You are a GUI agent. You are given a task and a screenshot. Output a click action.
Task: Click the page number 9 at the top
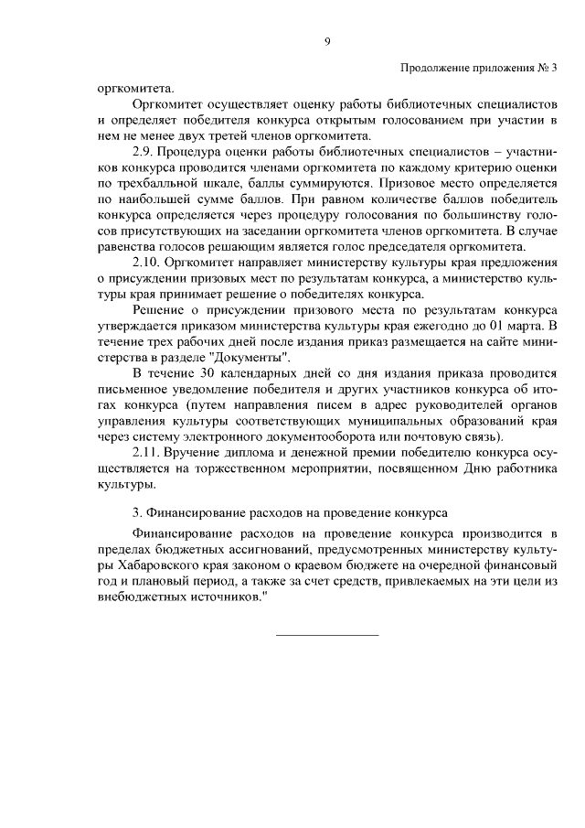326,42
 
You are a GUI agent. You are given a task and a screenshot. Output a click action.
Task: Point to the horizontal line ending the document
326,632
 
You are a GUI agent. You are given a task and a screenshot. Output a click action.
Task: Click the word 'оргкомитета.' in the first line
134,90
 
